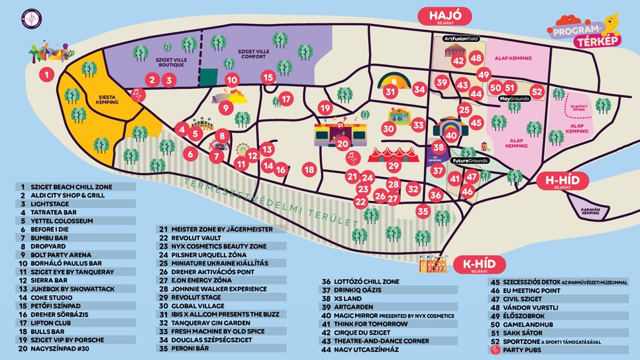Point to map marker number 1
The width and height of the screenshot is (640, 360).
[46, 74]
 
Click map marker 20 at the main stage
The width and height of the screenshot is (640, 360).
[342, 143]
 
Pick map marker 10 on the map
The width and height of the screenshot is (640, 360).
[232, 81]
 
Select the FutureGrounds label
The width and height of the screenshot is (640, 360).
[470, 161]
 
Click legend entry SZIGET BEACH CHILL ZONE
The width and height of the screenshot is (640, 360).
[73, 187]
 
